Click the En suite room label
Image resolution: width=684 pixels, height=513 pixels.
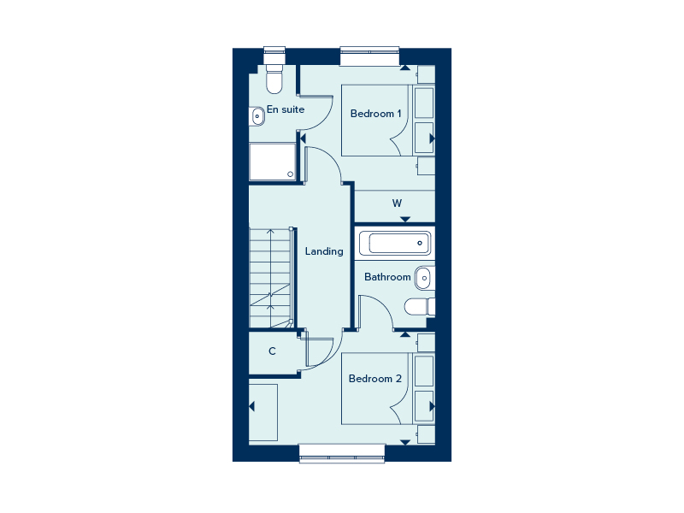point(286,109)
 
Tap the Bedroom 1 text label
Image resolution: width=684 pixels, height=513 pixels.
point(375,114)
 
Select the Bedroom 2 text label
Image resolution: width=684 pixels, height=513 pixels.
point(375,379)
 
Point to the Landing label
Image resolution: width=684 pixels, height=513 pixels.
point(324,251)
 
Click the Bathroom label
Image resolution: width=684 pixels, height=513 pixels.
point(387,277)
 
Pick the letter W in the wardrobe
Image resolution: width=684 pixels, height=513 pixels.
point(397,203)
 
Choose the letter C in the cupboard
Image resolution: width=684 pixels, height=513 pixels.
point(272,351)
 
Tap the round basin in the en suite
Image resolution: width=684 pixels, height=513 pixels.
point(257,116)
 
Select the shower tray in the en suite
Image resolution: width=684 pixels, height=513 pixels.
point(272,162)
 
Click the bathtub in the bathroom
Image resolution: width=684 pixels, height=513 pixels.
point(395,243)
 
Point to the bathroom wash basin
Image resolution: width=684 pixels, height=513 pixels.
point(423,278)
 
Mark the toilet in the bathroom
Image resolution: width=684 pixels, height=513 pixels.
point(420,307)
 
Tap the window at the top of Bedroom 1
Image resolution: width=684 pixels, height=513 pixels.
point(369,56)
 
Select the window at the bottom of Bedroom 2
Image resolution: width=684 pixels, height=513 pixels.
point(342,454)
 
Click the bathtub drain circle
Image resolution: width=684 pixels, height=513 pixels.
point(420,243)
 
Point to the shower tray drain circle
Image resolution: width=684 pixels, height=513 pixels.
point(290,174)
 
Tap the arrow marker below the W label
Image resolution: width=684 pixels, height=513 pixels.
point(405,219)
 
